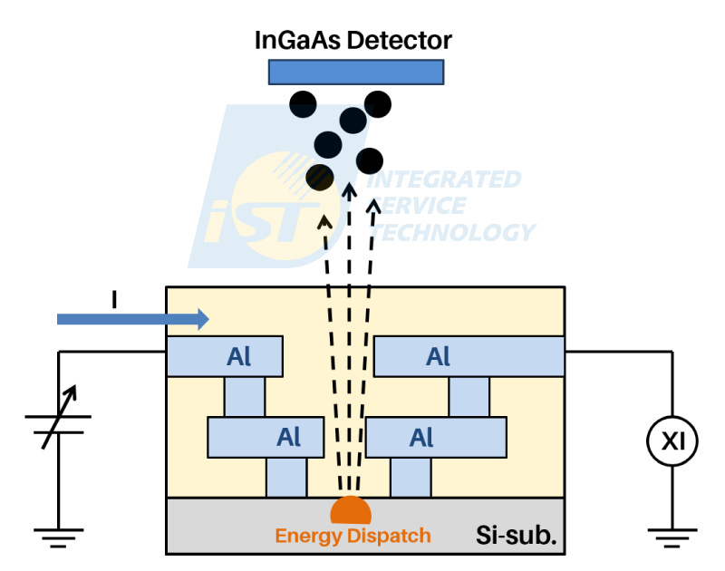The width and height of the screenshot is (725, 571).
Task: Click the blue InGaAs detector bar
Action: pos(356,73)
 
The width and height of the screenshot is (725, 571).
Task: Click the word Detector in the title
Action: pos(400,40)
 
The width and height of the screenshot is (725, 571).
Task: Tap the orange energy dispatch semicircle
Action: pos(351,509)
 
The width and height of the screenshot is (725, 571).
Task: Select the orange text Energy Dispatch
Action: pos(353,536)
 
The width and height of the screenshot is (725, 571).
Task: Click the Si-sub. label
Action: pos(516,536)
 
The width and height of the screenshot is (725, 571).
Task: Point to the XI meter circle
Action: pos(672,440)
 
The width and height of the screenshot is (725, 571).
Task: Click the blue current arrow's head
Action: pos(203,319)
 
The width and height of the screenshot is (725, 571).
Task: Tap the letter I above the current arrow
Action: pos(114,299)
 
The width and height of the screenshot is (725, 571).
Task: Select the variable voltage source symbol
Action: pos(58,421)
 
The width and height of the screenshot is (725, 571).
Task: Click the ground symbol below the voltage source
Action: pos(58,537)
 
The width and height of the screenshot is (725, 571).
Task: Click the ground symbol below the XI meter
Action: pos(672,537)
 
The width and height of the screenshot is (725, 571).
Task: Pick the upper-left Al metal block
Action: pos(225,356)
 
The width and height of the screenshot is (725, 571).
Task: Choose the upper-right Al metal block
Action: pos(469,356)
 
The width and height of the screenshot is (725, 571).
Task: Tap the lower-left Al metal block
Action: pos(266,438)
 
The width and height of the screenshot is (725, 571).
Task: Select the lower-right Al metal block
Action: pos(436,438)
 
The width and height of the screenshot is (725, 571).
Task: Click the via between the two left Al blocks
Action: pos(245,397)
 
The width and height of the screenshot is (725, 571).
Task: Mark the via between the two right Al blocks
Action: pos(469,397)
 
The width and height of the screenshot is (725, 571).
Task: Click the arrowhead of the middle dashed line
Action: pos(349,190)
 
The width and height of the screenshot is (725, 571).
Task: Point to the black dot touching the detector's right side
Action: pos(378,104)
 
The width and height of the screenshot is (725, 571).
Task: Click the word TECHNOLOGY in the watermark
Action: pos(453,232)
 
